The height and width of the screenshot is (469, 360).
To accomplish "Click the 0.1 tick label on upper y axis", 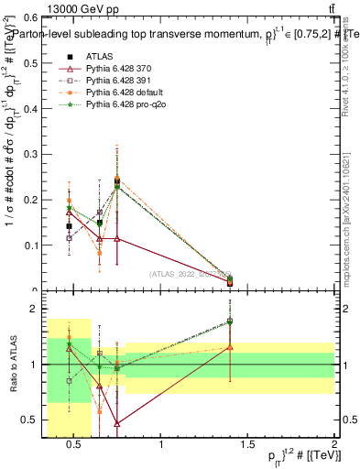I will click(x=30, y=245).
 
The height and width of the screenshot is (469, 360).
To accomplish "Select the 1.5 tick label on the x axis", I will click(x=247, y=446).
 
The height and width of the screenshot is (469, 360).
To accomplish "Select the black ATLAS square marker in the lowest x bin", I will click(x=69, y=226).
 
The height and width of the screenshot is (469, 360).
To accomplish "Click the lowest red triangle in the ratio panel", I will click(x=117, y=423).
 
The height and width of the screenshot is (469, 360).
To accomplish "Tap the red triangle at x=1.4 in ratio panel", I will click(x=230, y=347).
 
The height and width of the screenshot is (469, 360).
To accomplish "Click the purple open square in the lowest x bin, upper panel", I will click(x=69, y=238).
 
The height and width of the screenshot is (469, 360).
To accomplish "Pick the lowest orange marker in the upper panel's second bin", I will click(x=100, y=253).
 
